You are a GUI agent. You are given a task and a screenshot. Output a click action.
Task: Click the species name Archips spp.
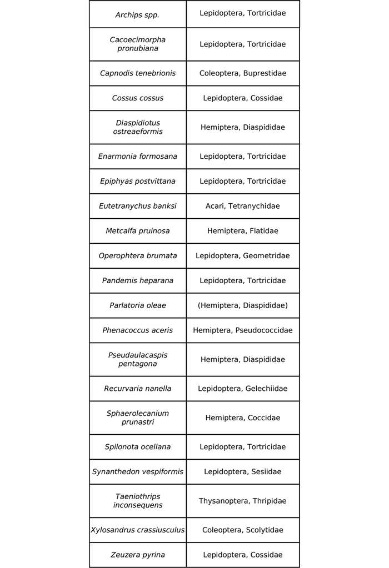click(137, 15)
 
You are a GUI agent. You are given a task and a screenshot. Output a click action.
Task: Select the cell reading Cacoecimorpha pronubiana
click(137, 44)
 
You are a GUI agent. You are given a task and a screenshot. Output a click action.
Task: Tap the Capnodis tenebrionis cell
click(137, 73)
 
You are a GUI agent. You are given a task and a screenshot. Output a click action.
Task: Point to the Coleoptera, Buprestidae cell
click(242, 73)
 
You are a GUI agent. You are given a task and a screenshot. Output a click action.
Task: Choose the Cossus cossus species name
click(137, 98)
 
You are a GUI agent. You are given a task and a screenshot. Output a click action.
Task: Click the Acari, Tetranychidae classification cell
click(242, 206)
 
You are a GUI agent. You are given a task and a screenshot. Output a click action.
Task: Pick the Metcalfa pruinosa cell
click(137, 231)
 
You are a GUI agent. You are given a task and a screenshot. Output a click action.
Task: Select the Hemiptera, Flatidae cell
click(242, 231)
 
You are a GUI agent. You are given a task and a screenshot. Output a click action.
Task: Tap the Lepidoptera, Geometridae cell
click(242, 256)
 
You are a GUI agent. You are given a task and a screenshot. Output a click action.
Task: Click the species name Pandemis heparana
click(137, 280)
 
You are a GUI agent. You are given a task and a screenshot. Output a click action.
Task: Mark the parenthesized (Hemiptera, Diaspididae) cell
click(242, 305)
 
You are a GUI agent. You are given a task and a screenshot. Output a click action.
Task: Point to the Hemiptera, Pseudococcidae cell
click(242, 330)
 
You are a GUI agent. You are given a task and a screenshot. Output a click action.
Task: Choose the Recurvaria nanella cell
click(137, 389)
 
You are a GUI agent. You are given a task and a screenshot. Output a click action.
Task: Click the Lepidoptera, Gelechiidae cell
click(242, 389)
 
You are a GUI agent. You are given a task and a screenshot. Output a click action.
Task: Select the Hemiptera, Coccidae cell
click(242, 418)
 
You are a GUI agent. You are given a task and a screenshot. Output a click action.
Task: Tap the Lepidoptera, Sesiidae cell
click(242, 472)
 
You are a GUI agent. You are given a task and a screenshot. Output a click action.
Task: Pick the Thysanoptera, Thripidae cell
click(242, 501)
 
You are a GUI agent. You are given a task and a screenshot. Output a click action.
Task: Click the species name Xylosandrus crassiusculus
click(137, 530)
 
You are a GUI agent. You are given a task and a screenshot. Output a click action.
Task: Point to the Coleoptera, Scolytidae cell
click(242, 530)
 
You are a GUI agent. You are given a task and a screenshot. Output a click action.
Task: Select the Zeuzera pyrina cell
click(137, 555)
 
